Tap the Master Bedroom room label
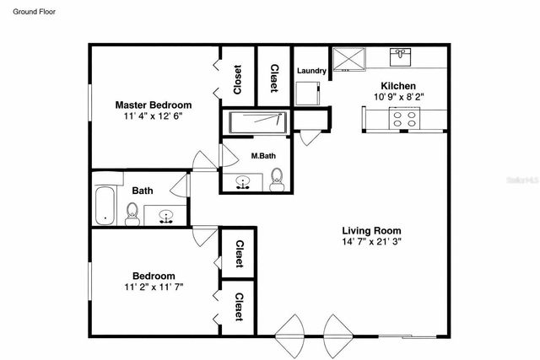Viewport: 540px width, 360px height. [154, 105]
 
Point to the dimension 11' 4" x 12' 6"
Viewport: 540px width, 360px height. [154, 116]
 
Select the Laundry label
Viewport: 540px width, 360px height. [310, 72]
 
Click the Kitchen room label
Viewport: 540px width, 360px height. [398, 86]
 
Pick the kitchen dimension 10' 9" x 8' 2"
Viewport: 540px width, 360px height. [398, 97]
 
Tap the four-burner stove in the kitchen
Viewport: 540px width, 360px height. [400, 121]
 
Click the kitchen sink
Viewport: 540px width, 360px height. [400, 57]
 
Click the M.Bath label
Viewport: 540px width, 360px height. [262, 156]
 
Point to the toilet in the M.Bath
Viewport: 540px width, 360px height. [277, 178]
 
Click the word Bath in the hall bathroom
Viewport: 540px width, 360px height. [142, 191]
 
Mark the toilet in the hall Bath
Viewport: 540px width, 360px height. [132, 213]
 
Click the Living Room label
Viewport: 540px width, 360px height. [370, 230]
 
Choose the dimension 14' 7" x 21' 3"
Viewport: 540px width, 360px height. [370, 241]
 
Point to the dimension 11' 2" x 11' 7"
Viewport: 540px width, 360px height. [154, 287]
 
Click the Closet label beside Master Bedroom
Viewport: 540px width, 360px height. [237, 80]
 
